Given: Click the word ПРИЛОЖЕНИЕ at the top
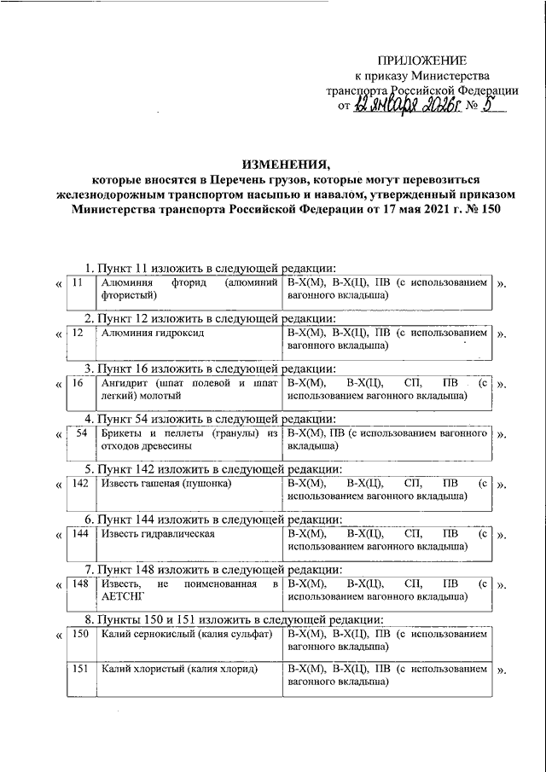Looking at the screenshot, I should click(423, 61).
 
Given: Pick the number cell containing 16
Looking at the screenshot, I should click(78, 383).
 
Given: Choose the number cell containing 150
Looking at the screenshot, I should click(80, 635).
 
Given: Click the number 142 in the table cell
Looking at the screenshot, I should click(80, 484).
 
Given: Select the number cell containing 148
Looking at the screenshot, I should click(80, 584).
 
